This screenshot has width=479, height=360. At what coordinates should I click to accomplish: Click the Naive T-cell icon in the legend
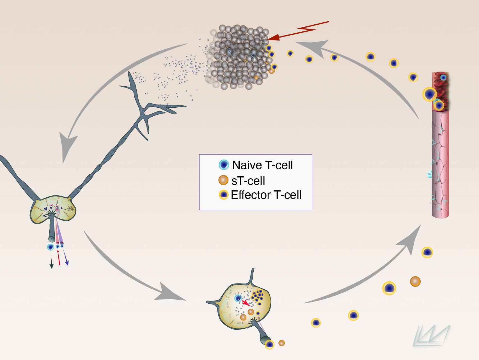coord(224,165)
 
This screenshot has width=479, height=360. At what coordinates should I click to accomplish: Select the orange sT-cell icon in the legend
coord(223,180)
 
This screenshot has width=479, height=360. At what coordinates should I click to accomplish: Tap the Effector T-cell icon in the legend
coord(223,195)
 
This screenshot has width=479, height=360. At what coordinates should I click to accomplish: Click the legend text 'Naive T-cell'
coord(262,165)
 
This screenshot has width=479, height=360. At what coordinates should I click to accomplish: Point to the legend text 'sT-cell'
coord(248,181)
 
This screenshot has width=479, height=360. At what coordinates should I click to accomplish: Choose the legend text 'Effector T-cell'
coord(266,195)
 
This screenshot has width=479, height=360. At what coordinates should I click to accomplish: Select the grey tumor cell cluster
coord(239,56)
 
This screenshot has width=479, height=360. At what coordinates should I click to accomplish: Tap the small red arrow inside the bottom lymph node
coord(246,303)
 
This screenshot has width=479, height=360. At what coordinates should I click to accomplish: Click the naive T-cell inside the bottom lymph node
coord(238,298)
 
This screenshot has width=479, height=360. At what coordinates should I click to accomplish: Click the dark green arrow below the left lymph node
coord(51,262)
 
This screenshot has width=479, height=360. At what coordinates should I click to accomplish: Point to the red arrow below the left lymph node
coord(59,257)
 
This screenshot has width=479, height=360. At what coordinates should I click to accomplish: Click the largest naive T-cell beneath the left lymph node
coord(51,247)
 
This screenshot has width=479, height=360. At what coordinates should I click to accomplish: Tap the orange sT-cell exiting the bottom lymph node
coord(281,343)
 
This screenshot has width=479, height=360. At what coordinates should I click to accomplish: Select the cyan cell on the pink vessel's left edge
coord(430,174)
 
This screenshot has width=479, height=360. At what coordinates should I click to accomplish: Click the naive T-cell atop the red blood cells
coord(443,77)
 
